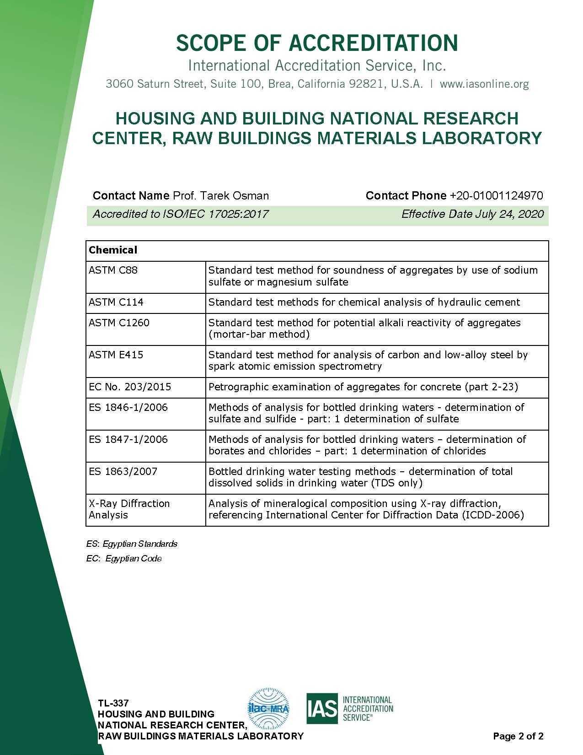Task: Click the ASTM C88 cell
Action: pyautogui.click(x=113, y=270)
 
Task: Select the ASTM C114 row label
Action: pyautogui.click(x=116, y=302)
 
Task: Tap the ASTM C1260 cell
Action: pyautogui.click(x=119, y=323)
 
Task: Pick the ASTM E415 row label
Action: pyautogui.click(x=116, y=355)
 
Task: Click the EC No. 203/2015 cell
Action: pyautogui.click(x=130, y=387)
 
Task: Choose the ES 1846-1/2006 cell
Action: pyautogui.click(x=128, y=407)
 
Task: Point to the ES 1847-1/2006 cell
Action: pyautogui.click(x=128, y=439)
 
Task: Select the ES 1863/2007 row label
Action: pyautogui.click(x=123, y=471)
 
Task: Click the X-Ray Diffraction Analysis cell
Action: pyautogui.click(x=129, y=509)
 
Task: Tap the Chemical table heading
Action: pyautogui.click(x=113, y=250)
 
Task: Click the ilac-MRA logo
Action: pyautogui.click(x=268, y=708)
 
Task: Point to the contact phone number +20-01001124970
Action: pyautogui.click(x=496, y=196)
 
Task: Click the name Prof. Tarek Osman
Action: pyautogui.click(x=221, y=196)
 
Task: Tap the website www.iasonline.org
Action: pyautogui.click(x=484, y=84)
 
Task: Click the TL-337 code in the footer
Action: pyautogui.click(x=113, y=703)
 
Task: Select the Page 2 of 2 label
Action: pyautogui.click(x=518, y=736)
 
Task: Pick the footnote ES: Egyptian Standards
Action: pyautogui.click(x=132, y=544)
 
